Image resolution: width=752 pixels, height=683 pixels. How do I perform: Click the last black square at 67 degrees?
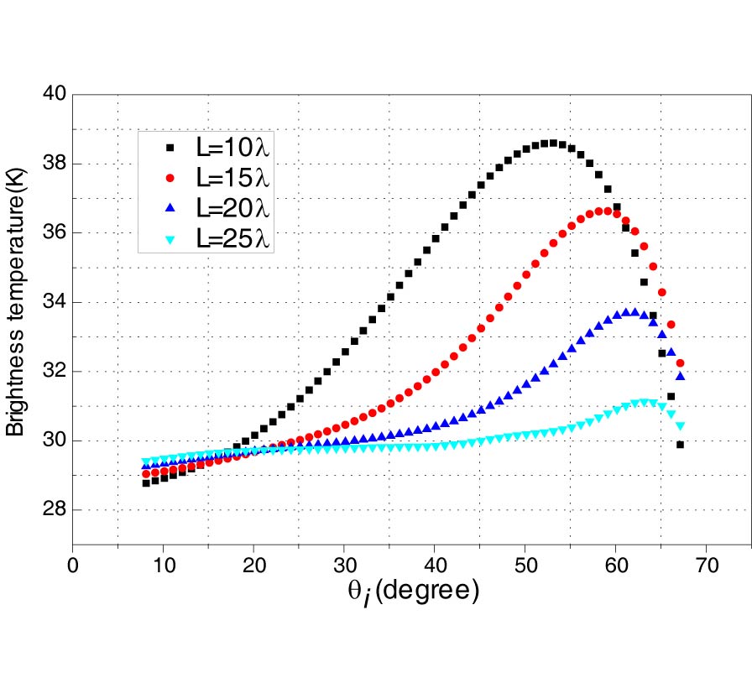click(x=680, y=445)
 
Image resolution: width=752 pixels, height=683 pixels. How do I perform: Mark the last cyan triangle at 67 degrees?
click(x=680, y=426)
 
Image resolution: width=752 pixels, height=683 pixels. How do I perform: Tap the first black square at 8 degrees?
click(x=146, y=482)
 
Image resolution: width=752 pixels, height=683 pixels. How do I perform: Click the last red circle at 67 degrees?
click(x=680, y=363)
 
